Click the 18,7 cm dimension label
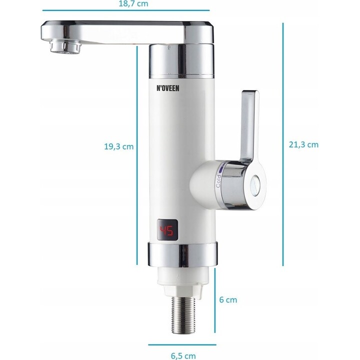133,3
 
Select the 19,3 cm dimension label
118,146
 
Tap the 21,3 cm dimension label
303,144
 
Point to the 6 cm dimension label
228,300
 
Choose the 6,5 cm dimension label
183,356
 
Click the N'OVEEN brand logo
168,88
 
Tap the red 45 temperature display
167,230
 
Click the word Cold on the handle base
218,181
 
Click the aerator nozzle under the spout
65,46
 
